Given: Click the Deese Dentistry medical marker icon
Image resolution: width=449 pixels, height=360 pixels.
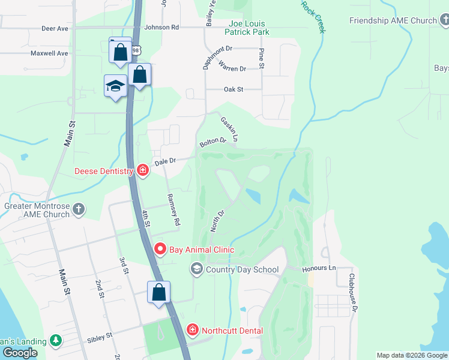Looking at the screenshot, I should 143,171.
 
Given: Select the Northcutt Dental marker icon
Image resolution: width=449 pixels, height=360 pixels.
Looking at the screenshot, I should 192,329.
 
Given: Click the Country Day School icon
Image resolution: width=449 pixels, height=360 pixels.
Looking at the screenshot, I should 196,269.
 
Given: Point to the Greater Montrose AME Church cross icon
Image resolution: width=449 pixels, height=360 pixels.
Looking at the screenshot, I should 79,209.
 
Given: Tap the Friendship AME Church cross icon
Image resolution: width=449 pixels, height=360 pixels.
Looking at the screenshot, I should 445,21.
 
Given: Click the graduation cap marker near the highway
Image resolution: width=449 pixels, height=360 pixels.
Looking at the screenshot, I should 115,87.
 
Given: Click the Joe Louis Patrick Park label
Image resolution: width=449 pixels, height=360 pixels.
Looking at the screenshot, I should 247,28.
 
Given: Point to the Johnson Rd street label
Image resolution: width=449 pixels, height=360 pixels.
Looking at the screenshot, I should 161,27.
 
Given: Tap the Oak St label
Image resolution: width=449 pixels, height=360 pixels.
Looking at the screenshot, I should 233,89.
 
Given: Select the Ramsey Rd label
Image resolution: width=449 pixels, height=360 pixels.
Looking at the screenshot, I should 173,209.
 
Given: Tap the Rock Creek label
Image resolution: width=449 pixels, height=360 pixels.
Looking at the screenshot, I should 313,16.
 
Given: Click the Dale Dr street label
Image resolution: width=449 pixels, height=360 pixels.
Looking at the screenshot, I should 164,161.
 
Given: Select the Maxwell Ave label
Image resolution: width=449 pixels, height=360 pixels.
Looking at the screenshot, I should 49,53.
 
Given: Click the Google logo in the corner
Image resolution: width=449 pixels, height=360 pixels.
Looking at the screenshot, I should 20,353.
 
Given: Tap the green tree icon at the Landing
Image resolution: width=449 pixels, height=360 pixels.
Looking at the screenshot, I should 56,341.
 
